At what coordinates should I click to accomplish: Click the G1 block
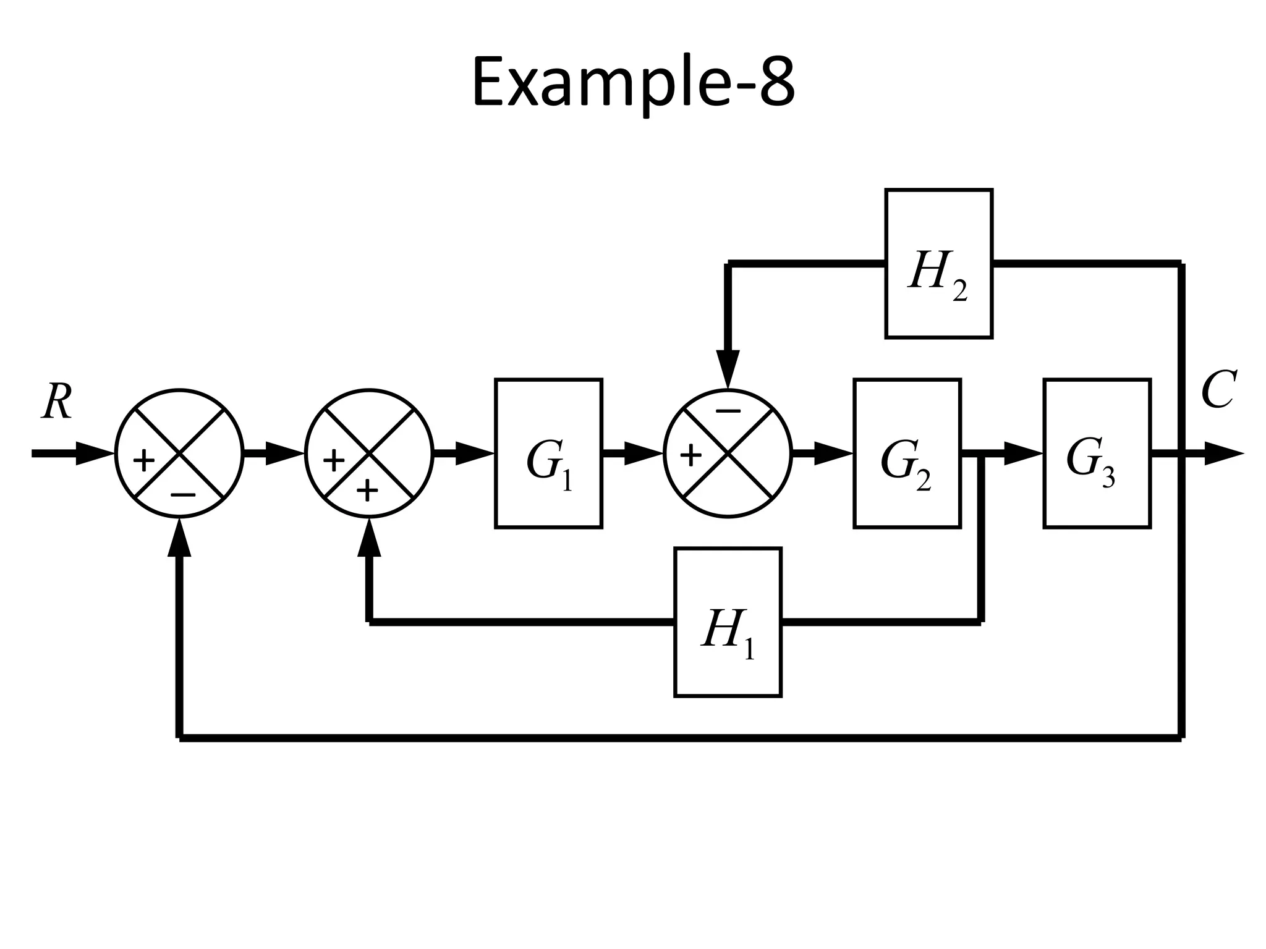(x=548, y=453)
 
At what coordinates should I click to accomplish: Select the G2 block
(x=907, y=453)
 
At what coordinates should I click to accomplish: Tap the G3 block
(x=1097, y=453)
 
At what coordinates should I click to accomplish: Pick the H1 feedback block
(x=728, y=622)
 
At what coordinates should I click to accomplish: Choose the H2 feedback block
(x=938, y=264)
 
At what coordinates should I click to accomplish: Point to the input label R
(x=57, y=402)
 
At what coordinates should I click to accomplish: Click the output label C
(x=1218, y=390)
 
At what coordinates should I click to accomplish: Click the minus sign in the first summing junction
(x=183, y=495)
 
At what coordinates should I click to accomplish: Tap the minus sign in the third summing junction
(x=728, y=411)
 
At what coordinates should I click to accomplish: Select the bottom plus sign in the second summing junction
(x=367, y=491)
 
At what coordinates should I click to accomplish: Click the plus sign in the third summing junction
(x=690, y=457)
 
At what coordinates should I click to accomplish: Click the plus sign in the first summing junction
(x=143, y=461)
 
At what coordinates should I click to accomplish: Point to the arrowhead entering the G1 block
(x=476, y=454)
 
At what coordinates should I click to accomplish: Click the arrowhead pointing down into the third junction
(x=728, y=369)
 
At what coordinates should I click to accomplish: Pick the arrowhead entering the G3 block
(x=1024, y=454)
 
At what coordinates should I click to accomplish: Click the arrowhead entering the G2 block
(x=834, y=454)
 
